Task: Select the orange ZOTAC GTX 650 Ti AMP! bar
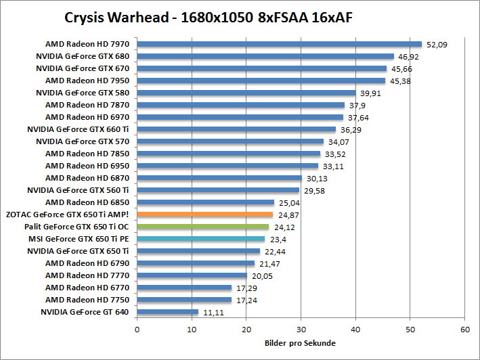[205, 215]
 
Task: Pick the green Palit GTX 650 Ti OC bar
[203, 227]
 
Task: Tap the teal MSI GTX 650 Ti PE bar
[201, 239]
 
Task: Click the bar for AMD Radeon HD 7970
[279, 44]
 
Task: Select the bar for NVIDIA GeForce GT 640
[167, 312]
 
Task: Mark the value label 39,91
[372, 93]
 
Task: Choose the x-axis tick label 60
[464, 330]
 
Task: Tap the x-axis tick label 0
[137, 330]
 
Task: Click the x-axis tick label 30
[301, 330]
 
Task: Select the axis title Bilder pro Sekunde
[300, 343]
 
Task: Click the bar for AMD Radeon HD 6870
[219, 178]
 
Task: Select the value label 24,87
[290, 215]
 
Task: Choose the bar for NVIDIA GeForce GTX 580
[246, 93]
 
